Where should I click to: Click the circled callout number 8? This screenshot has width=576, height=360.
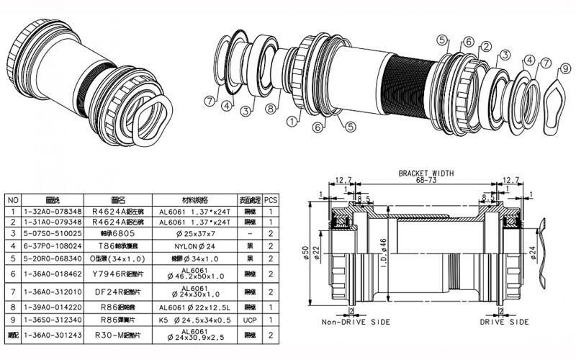(269, 109)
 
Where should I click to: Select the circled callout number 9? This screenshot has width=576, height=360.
(567, 68)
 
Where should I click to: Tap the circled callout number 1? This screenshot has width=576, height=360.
(291, 122)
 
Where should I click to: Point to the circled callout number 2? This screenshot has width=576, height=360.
(486, 47)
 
